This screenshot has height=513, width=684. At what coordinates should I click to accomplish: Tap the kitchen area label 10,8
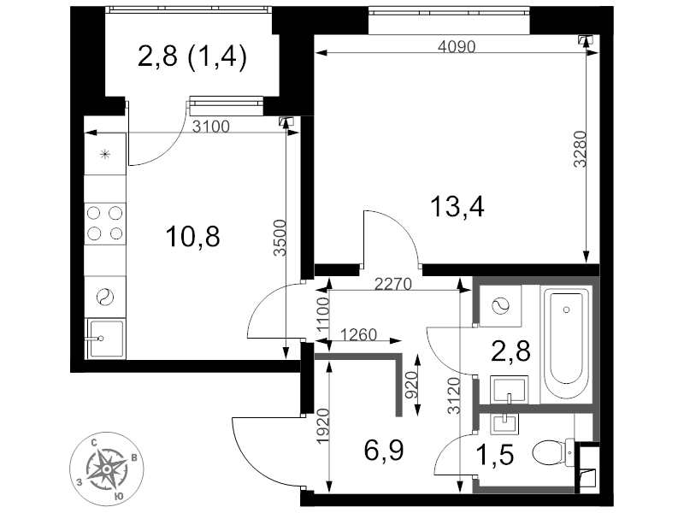(192, 235)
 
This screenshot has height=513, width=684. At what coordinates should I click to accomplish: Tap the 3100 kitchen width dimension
(211, 127)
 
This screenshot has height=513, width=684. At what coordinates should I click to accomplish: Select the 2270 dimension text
(393, 286)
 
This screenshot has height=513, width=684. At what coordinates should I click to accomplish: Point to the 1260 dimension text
(358, 334)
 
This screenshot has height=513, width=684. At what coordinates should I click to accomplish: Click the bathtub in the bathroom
(567, 340)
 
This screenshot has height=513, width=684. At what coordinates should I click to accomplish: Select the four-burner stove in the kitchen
(105, 222)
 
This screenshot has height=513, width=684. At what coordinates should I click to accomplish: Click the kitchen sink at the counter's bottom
(105, 338)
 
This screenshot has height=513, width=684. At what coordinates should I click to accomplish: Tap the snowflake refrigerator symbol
(105, 154)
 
